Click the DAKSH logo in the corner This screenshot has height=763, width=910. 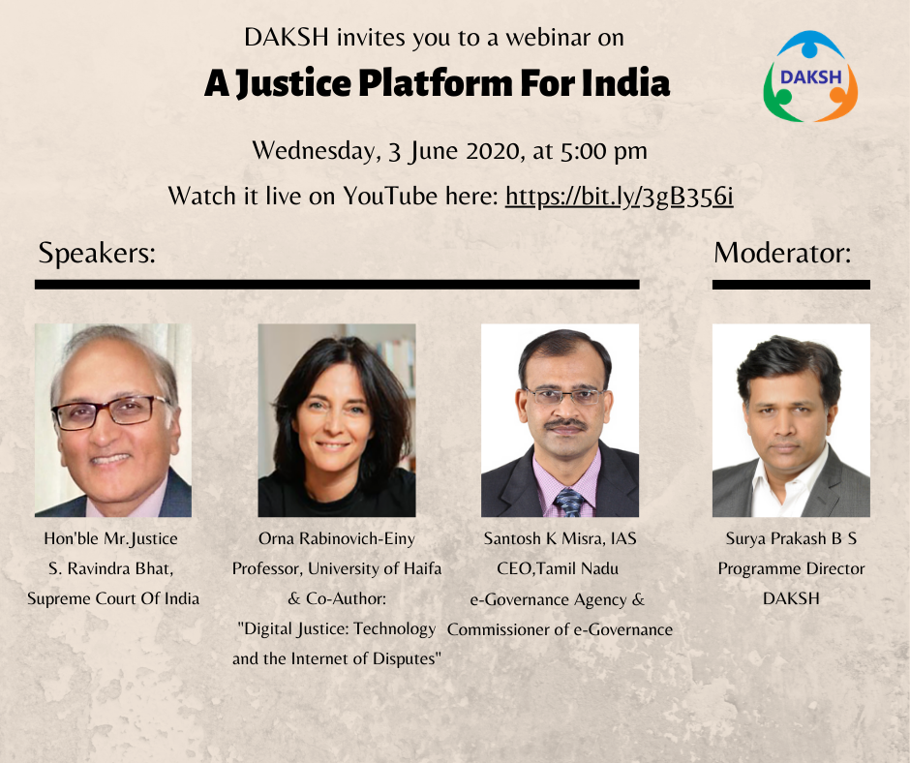[810, 76]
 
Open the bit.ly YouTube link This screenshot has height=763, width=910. [620, 197]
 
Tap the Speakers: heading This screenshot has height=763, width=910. [97, 254]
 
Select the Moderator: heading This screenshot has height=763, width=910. [782, 253]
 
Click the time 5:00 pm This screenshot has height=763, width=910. [603, 152]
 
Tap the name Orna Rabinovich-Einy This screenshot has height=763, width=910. [337, 539]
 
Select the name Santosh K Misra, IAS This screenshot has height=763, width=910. [561, 539]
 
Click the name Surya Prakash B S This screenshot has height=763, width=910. [791, 539]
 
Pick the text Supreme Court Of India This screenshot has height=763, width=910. [113, 598]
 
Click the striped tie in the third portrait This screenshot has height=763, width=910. [569, 503]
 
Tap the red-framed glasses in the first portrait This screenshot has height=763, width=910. [110, 412]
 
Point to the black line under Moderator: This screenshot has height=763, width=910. [791, 285]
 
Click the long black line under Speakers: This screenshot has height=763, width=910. [337, 285]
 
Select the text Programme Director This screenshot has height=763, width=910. [791, 569]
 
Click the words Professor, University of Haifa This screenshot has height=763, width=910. [337, 568]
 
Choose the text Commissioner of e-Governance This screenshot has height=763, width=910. [561, 629]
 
